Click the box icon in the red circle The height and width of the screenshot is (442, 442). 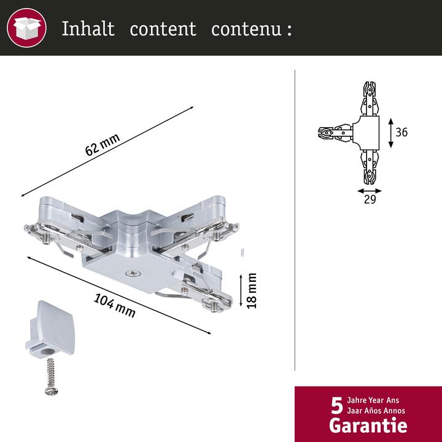pyautogui.click(x=27, y=28)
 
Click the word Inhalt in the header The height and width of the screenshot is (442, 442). pyautogui.click(x=88, y=28)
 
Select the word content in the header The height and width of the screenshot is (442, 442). pyautogui.click(x=163, y=29)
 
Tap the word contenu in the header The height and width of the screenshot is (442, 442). pyautogui.click(x=246, y=29)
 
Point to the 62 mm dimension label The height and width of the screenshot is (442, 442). pyautogui.click(x=103, y=145)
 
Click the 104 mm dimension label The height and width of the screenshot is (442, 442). pyautogui.click(x=114, y=306)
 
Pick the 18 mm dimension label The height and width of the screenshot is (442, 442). pyautogui.click(x=252, y=290)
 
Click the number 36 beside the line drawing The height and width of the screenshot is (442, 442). pyautogui.click(x=401, y=132)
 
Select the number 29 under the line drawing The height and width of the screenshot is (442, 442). pyautogui.click(x=370, y=200)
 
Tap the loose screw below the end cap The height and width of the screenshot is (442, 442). pyautogui.click(x=52, y=376)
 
